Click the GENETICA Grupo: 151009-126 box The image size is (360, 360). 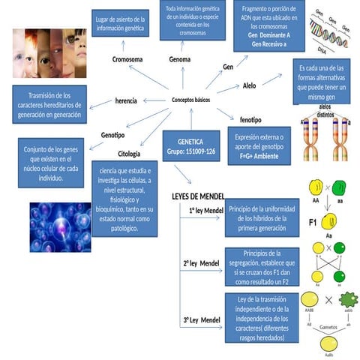190,146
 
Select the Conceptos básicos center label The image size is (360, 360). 191,99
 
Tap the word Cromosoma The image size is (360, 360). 128,58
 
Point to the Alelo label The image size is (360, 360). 249,85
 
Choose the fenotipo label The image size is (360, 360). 250,119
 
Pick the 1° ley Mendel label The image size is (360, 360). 206,210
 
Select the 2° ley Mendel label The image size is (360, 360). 201,263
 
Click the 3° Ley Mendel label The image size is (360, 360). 202,320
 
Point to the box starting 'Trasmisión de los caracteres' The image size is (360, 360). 49,104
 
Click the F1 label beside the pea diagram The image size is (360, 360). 313,223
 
